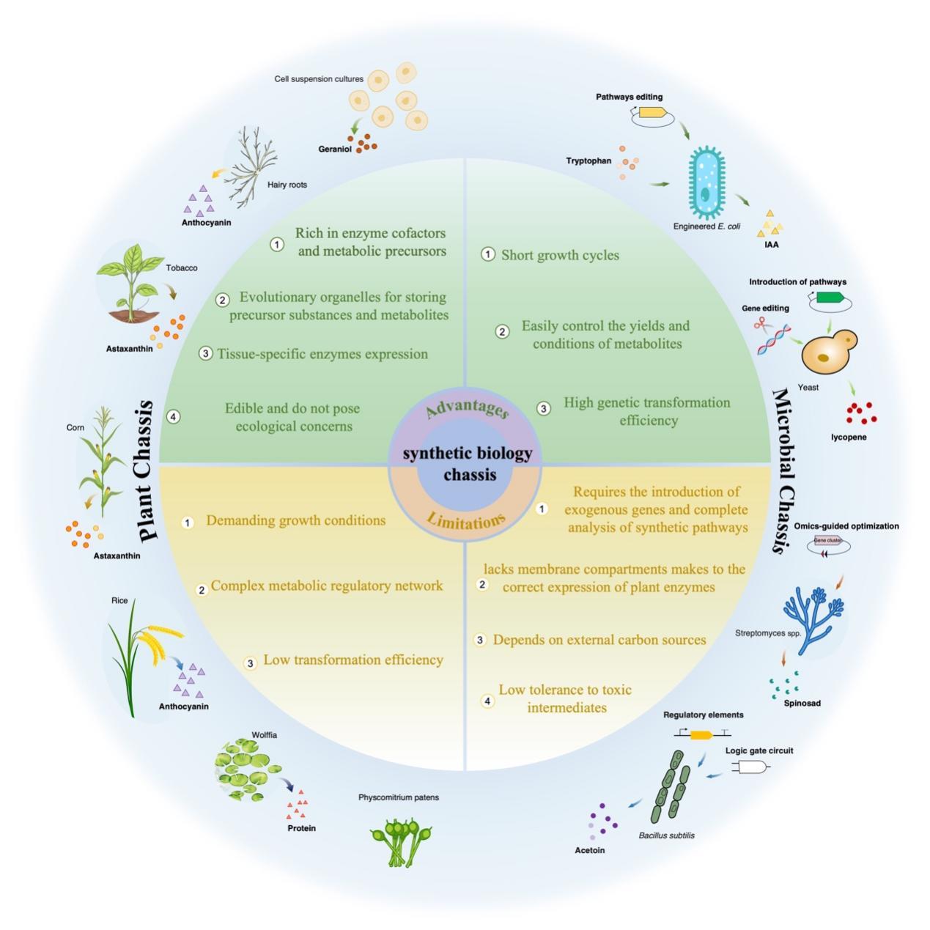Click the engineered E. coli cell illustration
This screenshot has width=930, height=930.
coord(706,184)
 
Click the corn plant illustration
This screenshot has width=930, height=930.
coord(101,462)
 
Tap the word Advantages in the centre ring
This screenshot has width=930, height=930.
coord(467,407)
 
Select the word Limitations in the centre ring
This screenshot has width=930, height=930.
coord(466,521)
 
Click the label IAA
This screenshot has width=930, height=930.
coord(771,245)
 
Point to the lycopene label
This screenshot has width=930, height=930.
coord(849,438)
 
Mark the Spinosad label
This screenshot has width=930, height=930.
coord(802,704)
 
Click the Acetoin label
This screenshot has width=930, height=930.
coord(590,851)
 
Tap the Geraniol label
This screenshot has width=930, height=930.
coord(335,150)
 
